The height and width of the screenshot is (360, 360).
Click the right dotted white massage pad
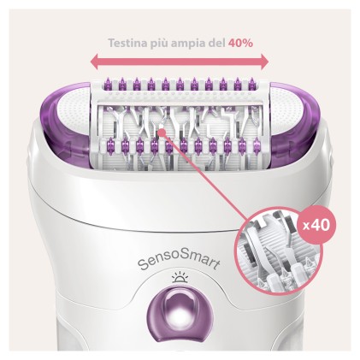pos(263,120)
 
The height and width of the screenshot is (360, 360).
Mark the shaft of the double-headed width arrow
pos(180,62)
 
